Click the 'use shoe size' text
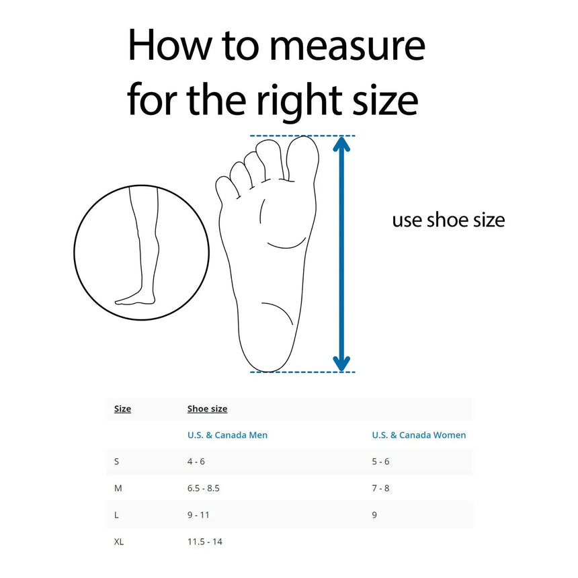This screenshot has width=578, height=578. point(448,220)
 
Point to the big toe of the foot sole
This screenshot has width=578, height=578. point(302,156)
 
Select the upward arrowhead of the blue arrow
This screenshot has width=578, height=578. point(342,146)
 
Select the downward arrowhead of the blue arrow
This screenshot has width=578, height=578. point(342,362)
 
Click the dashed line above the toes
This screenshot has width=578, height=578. point(302,136)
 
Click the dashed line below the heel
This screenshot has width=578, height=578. point(302,372)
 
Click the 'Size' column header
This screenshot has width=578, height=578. point(122,409)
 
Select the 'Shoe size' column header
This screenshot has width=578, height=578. point(207,409)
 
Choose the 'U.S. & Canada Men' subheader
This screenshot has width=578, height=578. point(227,435)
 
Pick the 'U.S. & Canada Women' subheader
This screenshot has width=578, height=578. point(419,435)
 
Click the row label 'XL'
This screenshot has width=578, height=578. point(119,542)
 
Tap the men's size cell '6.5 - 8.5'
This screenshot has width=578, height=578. point(203,488)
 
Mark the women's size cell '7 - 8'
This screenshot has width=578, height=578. point(380,488)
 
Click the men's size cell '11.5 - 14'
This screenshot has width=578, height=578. point(204,542)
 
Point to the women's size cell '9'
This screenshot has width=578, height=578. point(374,515)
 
